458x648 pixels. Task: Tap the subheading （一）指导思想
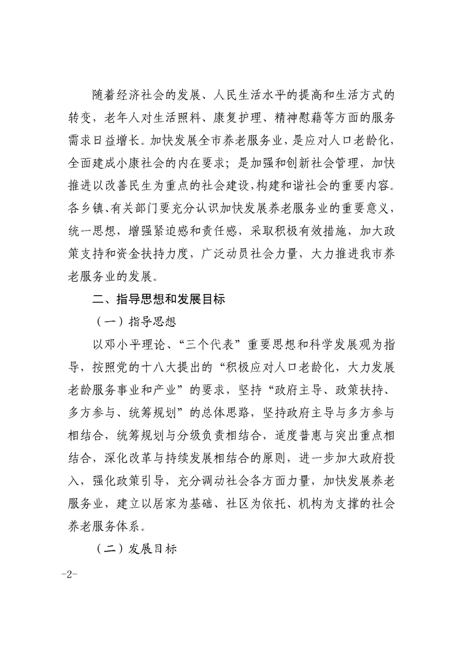tap(137, 322)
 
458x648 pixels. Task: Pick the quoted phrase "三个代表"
tap(206, 345)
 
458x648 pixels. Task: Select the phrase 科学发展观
tap(341, 345)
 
